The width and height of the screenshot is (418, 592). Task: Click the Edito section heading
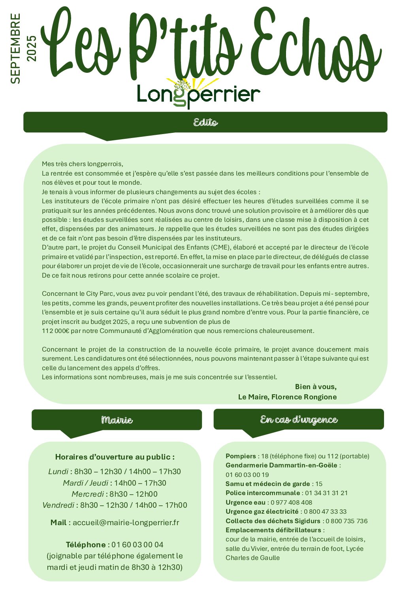(x=205, y=122)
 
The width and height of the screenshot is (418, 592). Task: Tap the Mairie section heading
(x=117, y=420)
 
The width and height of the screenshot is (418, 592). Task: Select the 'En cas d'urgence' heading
(x=299, y=420)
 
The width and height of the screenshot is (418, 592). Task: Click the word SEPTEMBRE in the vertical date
(x=15, y=49)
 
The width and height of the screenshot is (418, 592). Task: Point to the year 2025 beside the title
(x=31, y=49)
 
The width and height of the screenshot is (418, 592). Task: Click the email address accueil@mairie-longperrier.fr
(x=126, y=522)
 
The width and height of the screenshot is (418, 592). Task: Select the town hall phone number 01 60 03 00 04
(x=137, y=545)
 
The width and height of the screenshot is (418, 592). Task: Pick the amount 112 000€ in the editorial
(x=55, y=331)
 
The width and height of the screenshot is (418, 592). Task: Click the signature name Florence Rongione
(x=304, y=397)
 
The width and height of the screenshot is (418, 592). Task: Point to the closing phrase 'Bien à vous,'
(x=316, y=386)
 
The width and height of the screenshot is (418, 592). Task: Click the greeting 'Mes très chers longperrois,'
(x=83, y=164)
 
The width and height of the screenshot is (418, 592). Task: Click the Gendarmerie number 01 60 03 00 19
(x=247, y=475)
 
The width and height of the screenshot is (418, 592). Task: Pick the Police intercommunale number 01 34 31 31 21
(x=326, y=493)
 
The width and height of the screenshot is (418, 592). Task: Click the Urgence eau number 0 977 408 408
(x=291, y=502)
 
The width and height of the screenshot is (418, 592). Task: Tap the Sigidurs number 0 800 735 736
(x=346, y=521)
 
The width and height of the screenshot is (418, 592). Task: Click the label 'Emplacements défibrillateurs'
(x=273, y=530)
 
